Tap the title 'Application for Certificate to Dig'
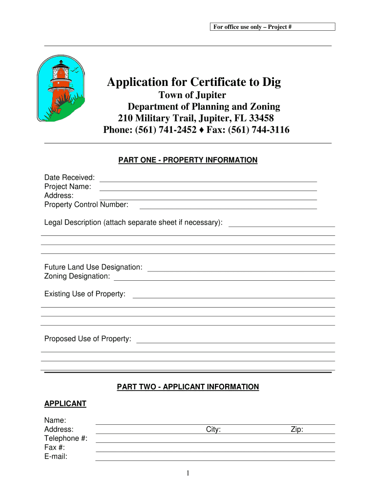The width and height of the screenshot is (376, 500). [194, 82]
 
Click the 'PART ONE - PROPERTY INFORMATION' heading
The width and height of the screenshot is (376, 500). [188, 160]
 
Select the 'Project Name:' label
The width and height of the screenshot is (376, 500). [68, 187]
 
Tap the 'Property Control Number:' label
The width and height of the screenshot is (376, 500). [86, 205]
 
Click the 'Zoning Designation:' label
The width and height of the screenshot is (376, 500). [77, 276]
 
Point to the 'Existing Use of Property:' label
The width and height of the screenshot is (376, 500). [85, 294]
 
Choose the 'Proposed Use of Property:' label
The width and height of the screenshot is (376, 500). [88, 339]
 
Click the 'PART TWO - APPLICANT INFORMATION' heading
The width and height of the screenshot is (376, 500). [188, 387]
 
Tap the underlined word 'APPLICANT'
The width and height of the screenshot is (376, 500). [65, 404]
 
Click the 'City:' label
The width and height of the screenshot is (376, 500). [213, 430]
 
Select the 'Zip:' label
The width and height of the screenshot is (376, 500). [297, 430]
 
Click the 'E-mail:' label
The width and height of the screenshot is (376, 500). [56, 457]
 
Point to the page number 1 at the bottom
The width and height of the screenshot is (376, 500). [188, 473]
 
